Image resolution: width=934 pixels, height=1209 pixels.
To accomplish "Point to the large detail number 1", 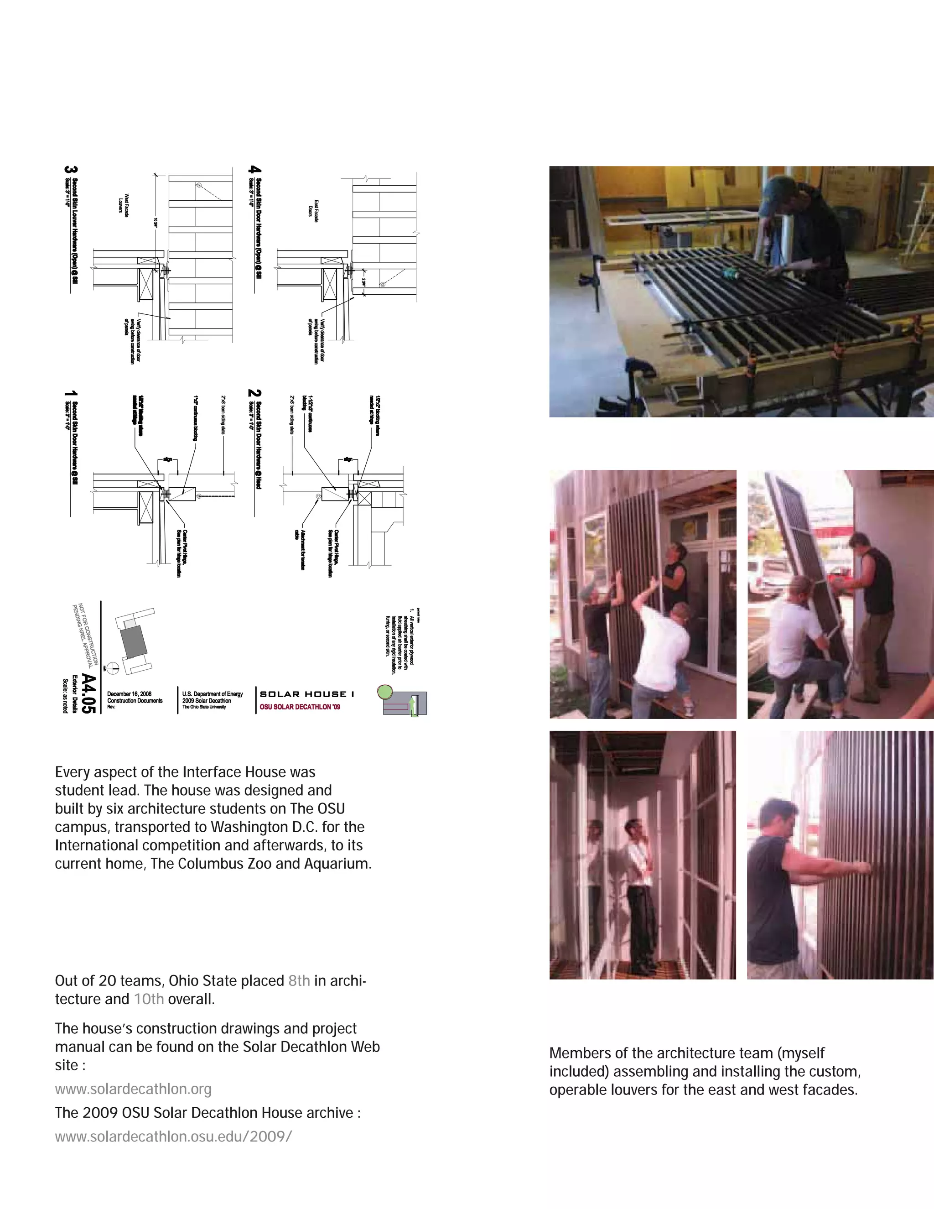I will [x=71, y=396].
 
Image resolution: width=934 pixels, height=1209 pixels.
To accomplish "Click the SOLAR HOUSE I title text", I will [x=307, y=693].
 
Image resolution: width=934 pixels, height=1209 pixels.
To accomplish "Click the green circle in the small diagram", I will [x=384, y=692].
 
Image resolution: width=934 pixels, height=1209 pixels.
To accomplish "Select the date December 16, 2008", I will [x=130, y=693].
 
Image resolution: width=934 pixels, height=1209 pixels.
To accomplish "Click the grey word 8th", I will [x=299, y=980].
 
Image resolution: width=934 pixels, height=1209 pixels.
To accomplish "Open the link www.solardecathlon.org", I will [x=133, y=1089].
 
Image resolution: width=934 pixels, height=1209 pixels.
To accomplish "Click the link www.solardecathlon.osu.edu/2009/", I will [x=173, y=1136].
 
